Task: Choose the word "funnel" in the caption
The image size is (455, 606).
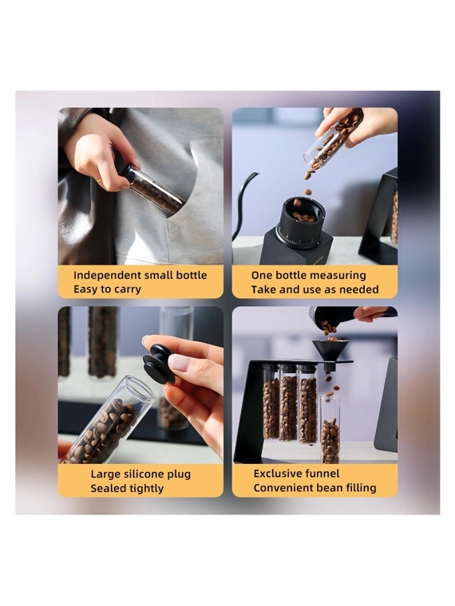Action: (x=322, y=474)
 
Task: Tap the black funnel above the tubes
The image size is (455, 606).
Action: (x=330, y=352)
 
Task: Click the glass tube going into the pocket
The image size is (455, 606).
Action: (x=153, y=188)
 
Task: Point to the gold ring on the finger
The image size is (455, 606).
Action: (x=101, y=179)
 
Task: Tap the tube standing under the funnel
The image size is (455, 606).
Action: (x=330, y=429)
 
